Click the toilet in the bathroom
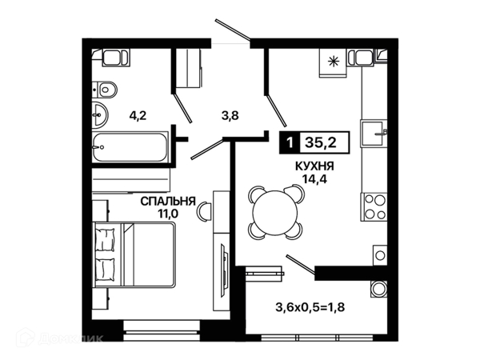point(105,90)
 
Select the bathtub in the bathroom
point(130,147)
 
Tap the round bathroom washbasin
point(99,114)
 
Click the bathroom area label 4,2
point(138,116)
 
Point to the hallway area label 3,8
point(230,116)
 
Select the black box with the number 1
point(290,142)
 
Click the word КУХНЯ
point(314,166)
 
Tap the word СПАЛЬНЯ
point(168,201)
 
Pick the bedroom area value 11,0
point(168,214)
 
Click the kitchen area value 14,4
point(314,178)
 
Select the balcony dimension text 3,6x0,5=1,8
point(310,307)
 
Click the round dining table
point(275,212)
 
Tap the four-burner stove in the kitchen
point(374,206)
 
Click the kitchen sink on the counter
point(374,133)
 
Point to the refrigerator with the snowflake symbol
point(333,62)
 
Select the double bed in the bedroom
point(134,254)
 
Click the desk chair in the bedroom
point(204,211)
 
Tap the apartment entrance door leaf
point(234,30)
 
